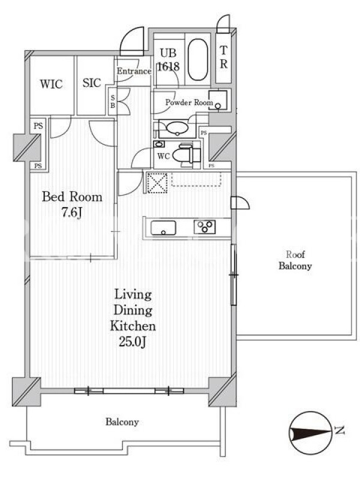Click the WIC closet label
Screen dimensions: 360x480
(51, 84)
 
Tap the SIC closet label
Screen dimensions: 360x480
(92, 83)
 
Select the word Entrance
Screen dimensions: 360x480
(134, 71)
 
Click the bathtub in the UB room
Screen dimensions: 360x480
(197, 59)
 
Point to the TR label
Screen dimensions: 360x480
(224, 57)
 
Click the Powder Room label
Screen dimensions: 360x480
(189, 102)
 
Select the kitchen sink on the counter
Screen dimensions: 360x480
(163, 227)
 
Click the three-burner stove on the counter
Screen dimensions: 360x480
(205, 227)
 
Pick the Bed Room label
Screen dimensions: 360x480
(72, 197)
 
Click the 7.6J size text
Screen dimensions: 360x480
(71, 212)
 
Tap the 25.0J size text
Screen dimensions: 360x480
(133, 341)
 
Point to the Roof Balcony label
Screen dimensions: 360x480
(295, 260)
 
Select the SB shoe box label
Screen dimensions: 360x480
(113, 101)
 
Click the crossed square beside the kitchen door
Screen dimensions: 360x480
(157, 184)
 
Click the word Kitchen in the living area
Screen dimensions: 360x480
(133, 326)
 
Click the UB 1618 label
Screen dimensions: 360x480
(168, 60)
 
